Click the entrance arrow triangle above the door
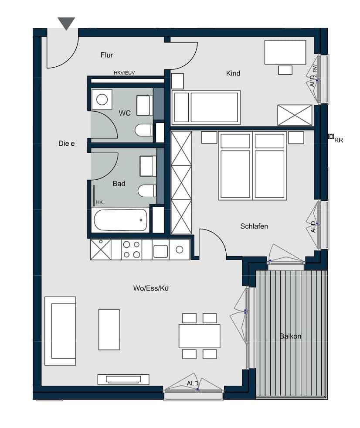(x=66, y=23)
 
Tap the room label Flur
(x=107, y=55)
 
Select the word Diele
(x=66, y=143)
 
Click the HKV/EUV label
(x=124, y=73)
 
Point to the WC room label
(x=125, y=113)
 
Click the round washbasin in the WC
(x=102, y=99)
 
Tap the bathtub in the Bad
(x=120, y=220)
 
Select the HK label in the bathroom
(x=99, y=202)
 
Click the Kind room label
(x=233, y=73)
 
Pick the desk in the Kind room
(x=285, y=52)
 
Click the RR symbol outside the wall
(x=331, y=137)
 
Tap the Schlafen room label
(x=254, y=226)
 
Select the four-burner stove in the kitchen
(x=132, y=250)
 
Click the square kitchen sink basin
(x=160, y=250)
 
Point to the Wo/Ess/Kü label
(x=151, y=288)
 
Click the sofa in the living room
(x=60, y=331)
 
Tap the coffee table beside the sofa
(x=109, y=329)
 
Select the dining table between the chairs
(x=199, y=336)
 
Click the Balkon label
(x=290, y=336)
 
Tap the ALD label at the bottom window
(x=193, y=383)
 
